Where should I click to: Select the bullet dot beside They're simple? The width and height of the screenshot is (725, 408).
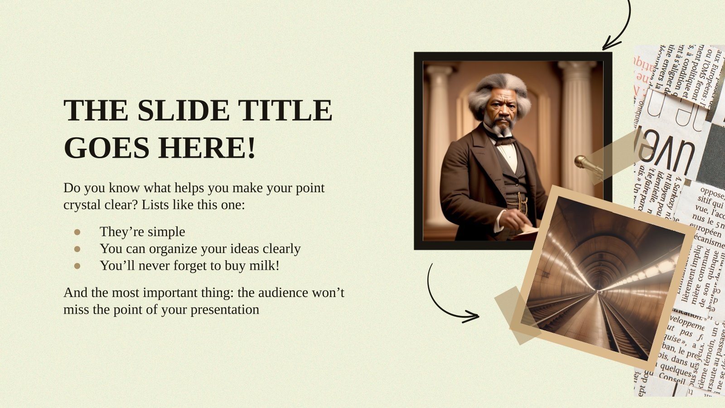77,232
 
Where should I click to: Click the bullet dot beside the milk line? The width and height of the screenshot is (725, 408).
77,266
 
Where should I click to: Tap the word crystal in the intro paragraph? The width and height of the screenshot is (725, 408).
80,205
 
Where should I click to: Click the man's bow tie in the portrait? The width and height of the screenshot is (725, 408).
505,141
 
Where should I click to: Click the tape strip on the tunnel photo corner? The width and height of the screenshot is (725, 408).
517,315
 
